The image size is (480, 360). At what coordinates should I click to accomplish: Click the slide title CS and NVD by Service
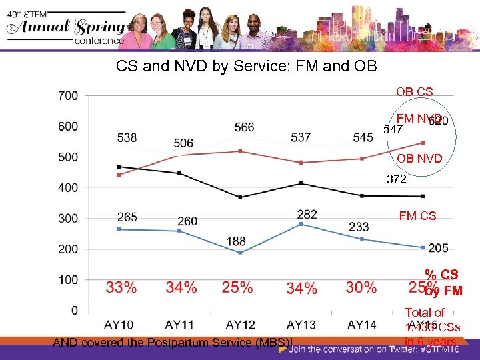click(x=246, y=67)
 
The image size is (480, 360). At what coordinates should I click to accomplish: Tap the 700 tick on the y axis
click(x=67, y=95)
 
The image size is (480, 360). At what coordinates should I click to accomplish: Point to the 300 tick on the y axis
click(x=67, y=218)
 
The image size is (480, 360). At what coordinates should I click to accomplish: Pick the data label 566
click(x=244, y=127)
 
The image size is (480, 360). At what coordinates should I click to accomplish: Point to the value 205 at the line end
click(x=438, y=248)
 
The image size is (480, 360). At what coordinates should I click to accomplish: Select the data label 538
click(x=127, y=138)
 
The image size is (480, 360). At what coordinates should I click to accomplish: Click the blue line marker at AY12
click(x=240, y=253)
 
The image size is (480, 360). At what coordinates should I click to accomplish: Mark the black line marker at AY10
click(x=119, y=167)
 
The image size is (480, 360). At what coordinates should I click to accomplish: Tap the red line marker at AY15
click(x=421, y=143)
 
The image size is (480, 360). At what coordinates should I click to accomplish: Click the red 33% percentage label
click(x=121, y=287)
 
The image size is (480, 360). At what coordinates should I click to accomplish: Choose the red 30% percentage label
click(x=361, y=287)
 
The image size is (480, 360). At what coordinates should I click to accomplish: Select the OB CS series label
click(x=414, y=91)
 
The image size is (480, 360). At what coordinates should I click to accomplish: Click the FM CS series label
click(x=417, y=215)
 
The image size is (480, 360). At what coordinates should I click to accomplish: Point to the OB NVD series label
click(x=419, y=159)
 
